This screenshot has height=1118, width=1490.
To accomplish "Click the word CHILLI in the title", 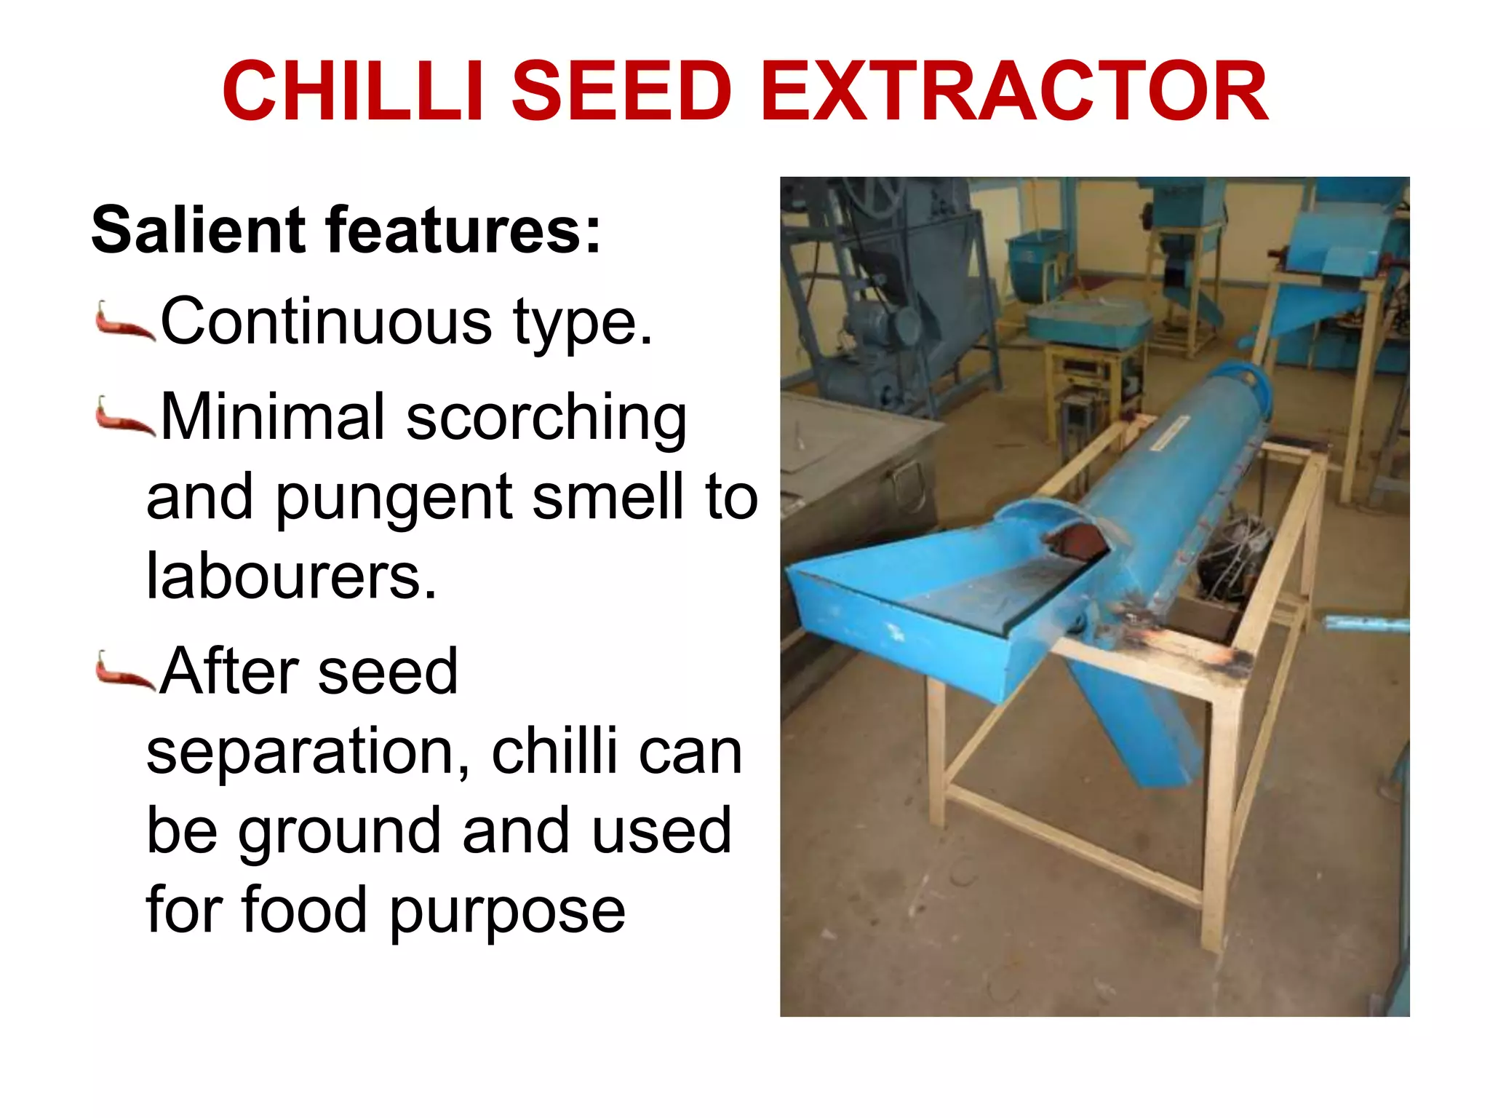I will click(x=353, y=92).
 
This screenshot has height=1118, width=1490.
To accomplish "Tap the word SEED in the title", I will click(x=621, y=92).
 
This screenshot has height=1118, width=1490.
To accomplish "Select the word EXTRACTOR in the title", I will click(x=1014, y=92).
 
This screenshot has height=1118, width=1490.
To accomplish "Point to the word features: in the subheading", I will click(x=463, y=231).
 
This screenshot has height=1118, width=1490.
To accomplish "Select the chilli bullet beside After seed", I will click(x=124, y=671).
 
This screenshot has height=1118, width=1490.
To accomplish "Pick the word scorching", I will click(x=546, y=419).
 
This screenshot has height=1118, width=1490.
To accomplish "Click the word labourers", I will click(x=291, y=576).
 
